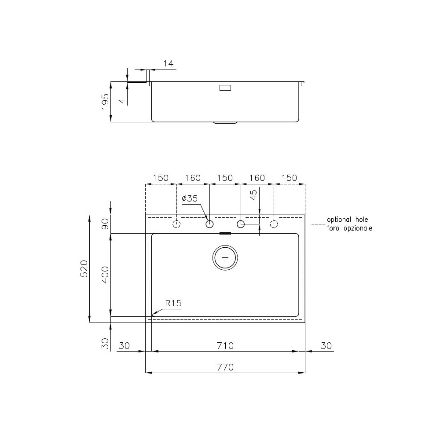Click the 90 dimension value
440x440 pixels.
(105, 224)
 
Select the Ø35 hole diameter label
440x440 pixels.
(190, 198)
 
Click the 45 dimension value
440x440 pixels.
(253, 195)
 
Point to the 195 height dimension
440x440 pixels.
(105, 102)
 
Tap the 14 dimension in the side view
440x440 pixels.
(168, 64)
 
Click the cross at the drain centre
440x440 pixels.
(225, 257)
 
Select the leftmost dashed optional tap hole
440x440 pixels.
(176, 224)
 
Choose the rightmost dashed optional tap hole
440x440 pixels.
(274, 224)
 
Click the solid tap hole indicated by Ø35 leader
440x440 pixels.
(209, 224)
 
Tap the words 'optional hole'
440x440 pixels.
(347, 220)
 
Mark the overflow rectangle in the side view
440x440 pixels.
(225, 88)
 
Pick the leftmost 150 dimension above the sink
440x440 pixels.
(161, 178)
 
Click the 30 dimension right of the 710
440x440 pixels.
(326, 345)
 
